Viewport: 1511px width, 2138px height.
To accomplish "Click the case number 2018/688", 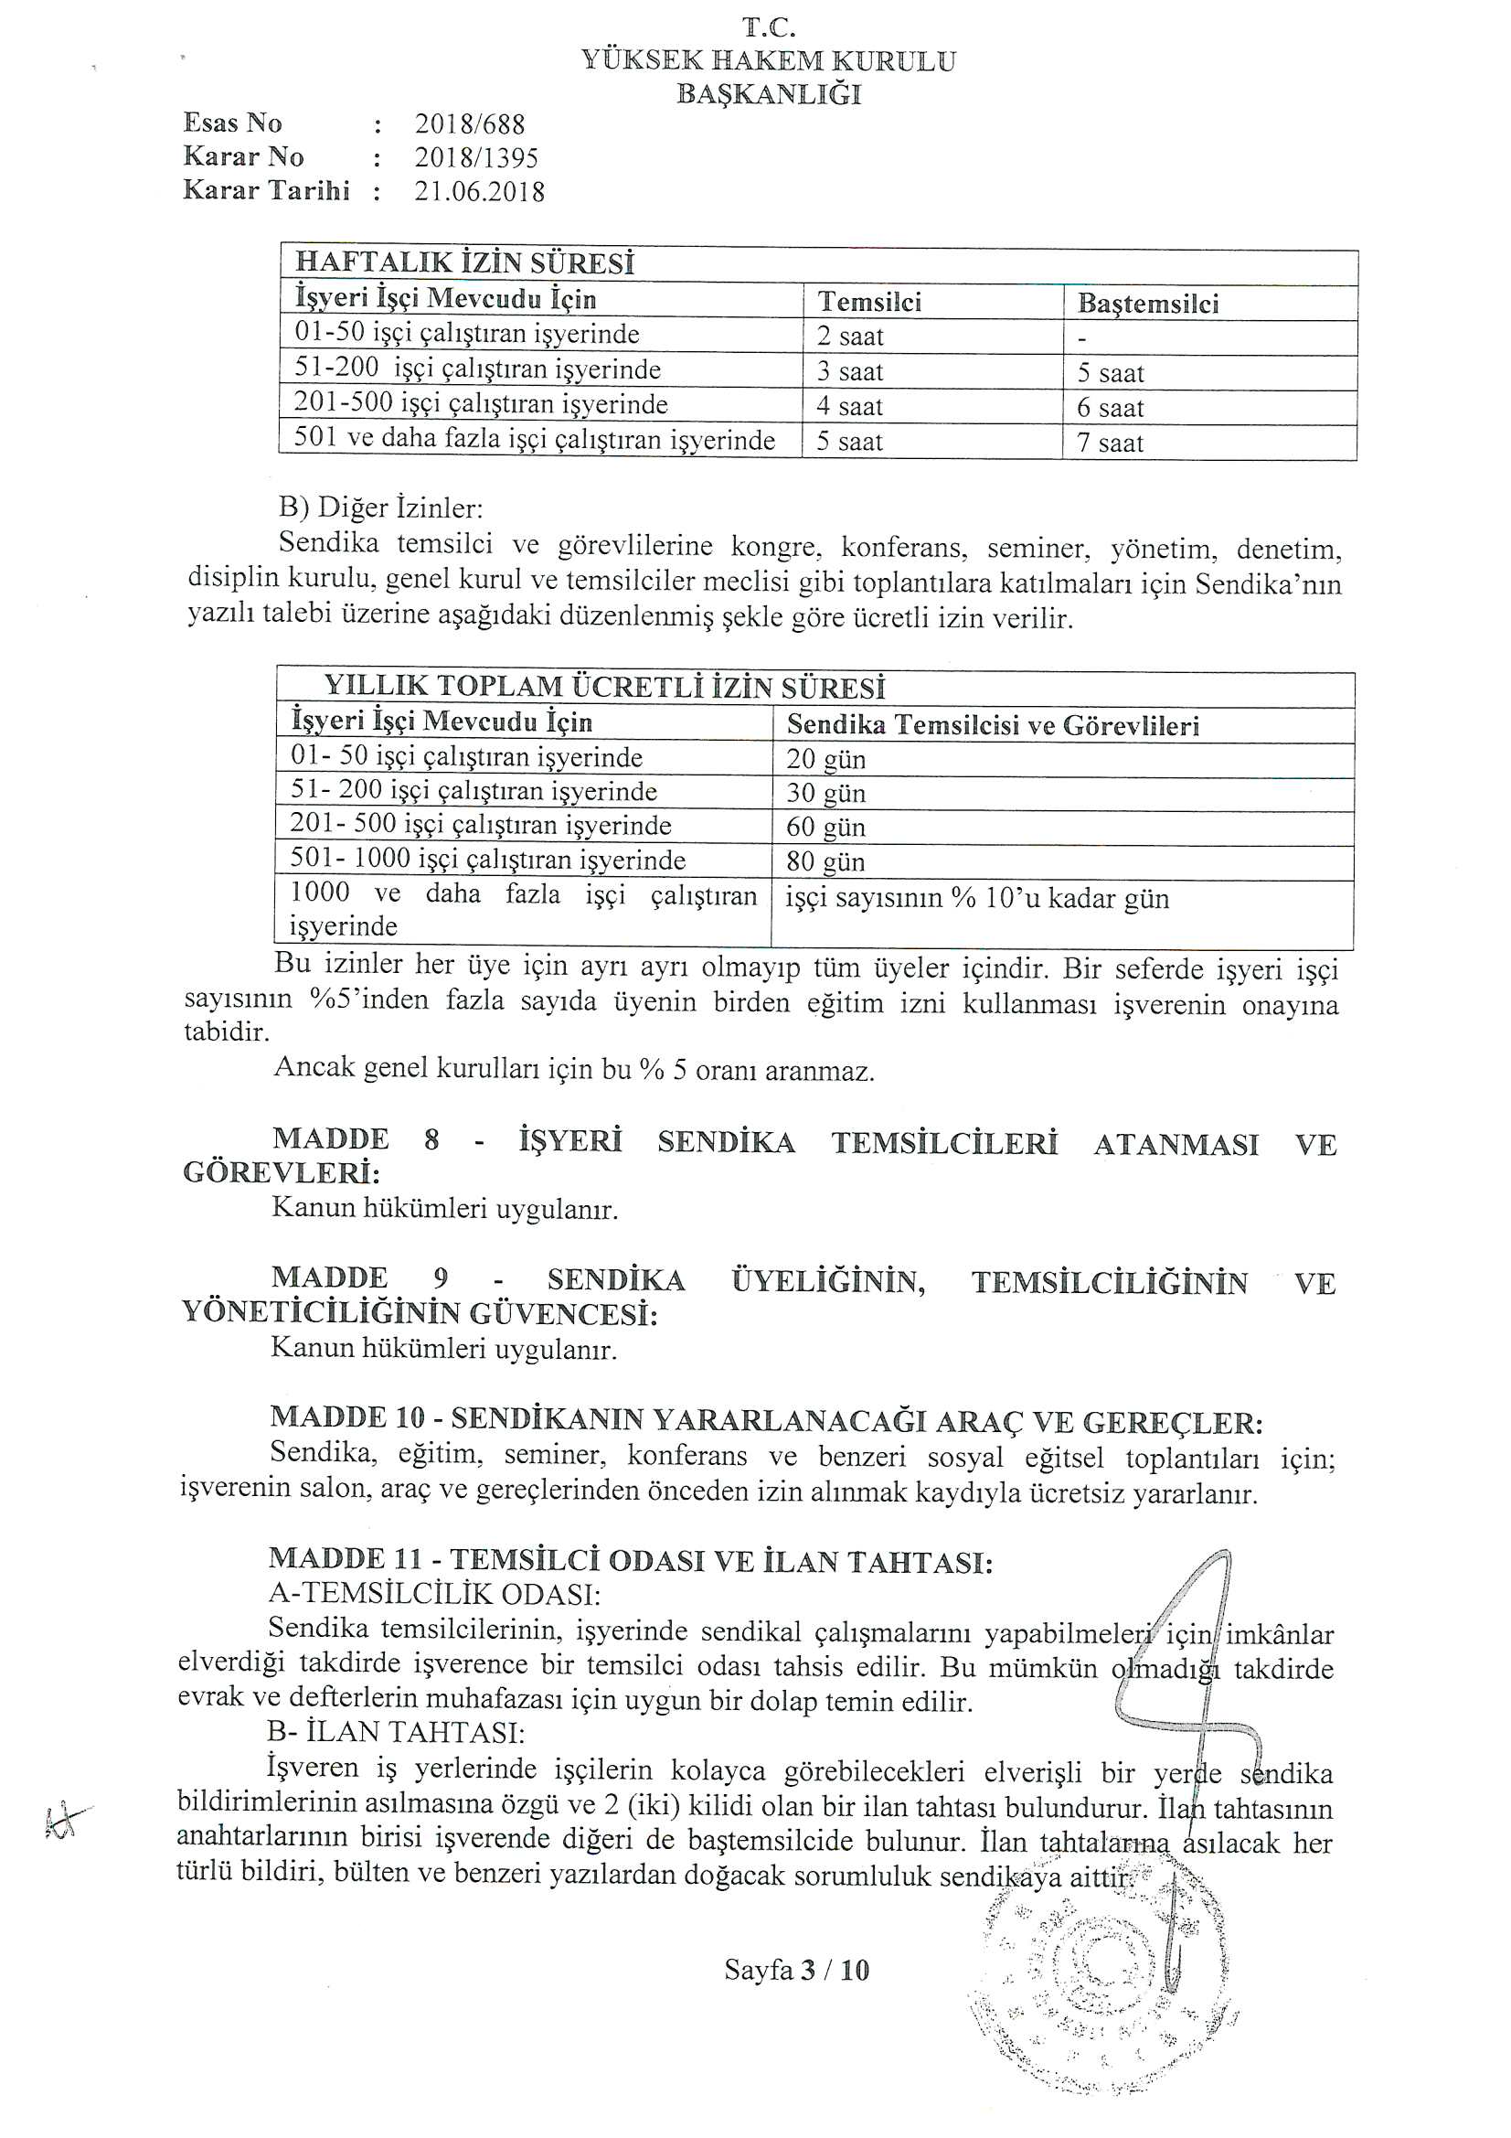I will [x=470, y=123].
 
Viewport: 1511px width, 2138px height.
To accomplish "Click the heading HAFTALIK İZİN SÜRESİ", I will [x=464, y=264].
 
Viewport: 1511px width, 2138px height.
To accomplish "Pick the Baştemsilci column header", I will [x=1148, y=304].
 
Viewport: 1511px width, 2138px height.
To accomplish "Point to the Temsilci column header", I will [x=869, y=302].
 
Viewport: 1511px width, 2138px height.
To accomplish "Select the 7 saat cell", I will [x=1110, y=444].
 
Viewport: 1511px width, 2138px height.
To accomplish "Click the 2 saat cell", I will [x=850, y=337].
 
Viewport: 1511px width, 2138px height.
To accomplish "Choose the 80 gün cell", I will [x=825, y=861].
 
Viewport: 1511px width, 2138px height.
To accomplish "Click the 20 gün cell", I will [x=825, y=759].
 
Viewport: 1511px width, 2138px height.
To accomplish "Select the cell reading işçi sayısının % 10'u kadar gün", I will [x=976, y=899].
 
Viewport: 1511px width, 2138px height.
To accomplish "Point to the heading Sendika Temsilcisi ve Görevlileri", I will [x=993, y=725].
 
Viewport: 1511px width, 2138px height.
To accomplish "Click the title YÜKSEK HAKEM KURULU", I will [x=768, y=61].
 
